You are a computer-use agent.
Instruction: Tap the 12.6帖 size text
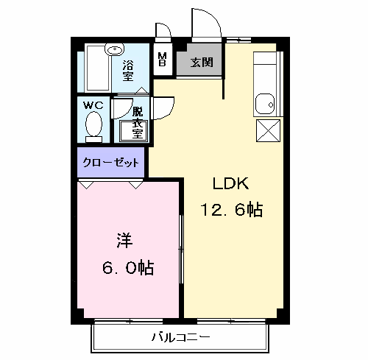pos(231,210)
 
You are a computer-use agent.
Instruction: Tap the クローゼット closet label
pos(110,161)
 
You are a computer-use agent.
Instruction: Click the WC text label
pos(92,105)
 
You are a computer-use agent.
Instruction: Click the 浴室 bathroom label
pos(129,70)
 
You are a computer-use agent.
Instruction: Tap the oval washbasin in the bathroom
pos(114,50)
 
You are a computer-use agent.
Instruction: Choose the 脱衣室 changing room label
pos(136,121)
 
